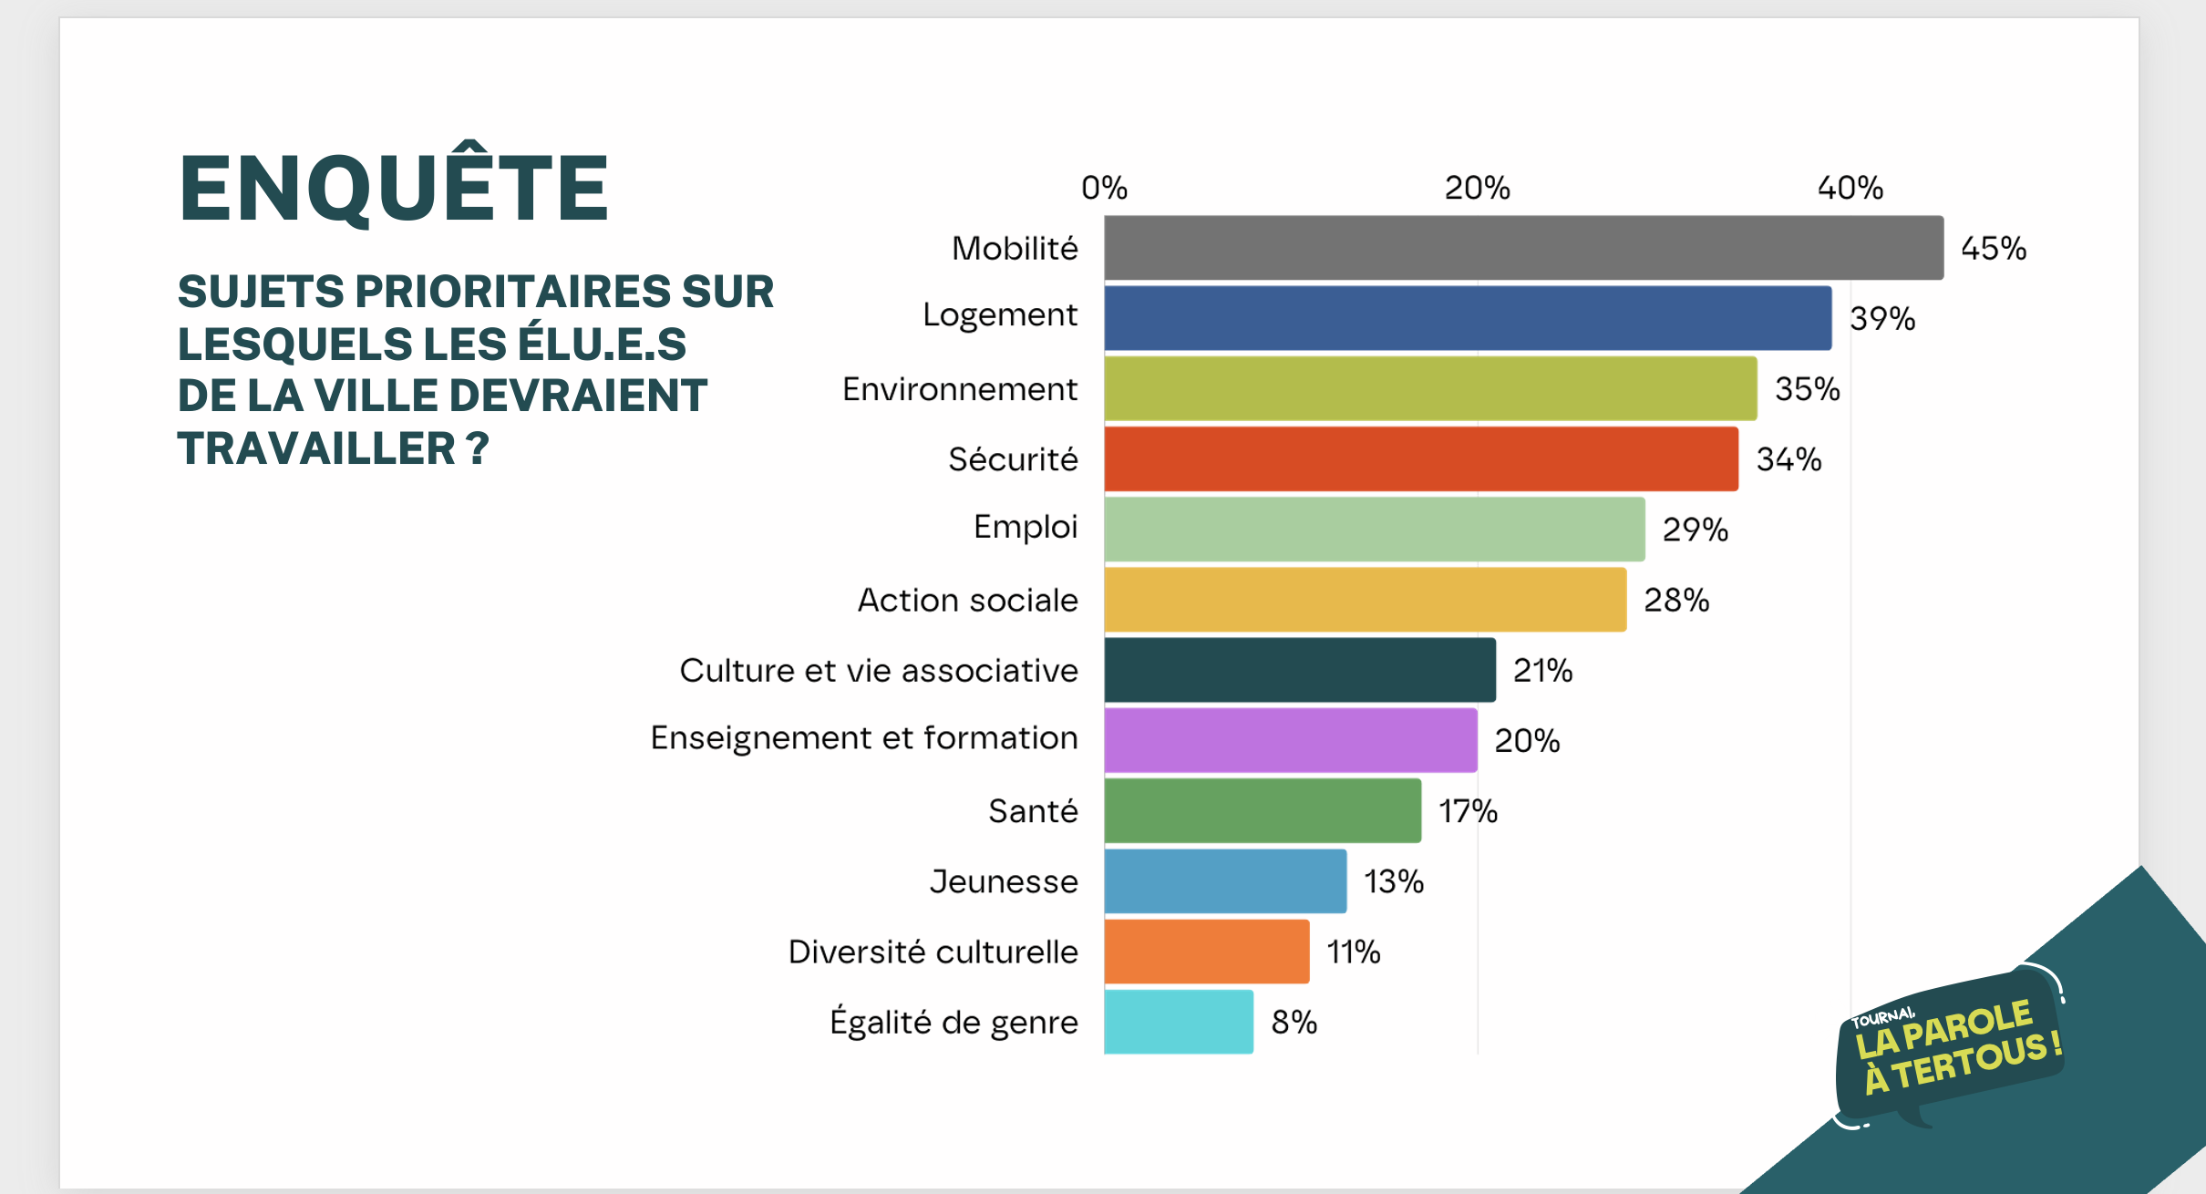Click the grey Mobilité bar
(x=1522, y=248)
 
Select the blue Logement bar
(x=1468, y=318)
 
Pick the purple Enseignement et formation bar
(x=1290, y=740)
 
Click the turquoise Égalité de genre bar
(x=1178, y=1022)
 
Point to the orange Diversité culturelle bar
(x=1206, y=952)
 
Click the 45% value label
(x=1993, y=248)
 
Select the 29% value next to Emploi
(x=1695, y=530)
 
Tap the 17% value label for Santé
(x=1468, y=810)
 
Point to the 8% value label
(x=1294, y=1022)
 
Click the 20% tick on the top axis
(x=1477, y=188)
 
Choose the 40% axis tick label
(x=1850, y=188)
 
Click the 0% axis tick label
(x=1104, y=188)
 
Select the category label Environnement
(x=959, y=389)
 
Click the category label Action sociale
(x=967, y=600)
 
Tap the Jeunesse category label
(x=1003, y=881)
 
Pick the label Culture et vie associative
(x=878, y=670)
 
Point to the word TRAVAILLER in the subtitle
(x=316, y=448)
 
